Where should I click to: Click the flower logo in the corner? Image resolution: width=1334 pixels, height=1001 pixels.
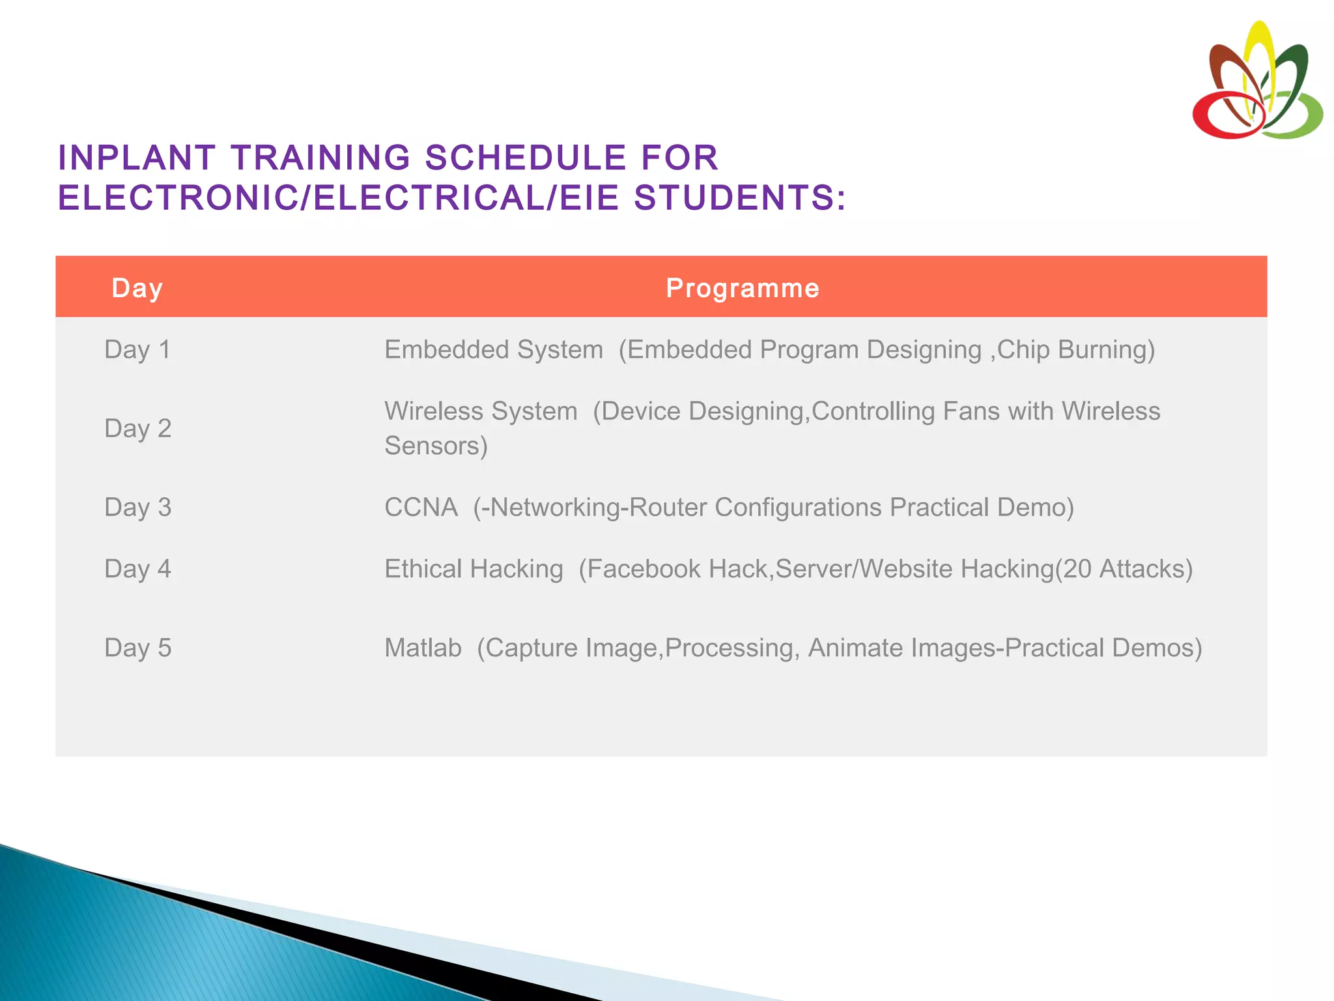pyautogui.click(x=1256, y=81)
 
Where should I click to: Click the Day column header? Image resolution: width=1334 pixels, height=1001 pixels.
pyautogui.click(x=137, y=288)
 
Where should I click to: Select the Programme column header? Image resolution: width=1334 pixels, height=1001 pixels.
pyautogui.click(x=743, y=288)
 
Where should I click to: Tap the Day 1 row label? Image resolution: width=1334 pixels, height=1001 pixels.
pyautogui.click(x=137, y=350)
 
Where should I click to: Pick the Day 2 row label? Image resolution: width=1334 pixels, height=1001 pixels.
pyautogui.click(x=137, y=429)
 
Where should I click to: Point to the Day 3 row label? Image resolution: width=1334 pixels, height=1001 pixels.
pyautogui.click(x=137, y=508)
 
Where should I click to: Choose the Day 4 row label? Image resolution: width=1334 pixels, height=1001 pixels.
pyautogui.click(x=137, y=569)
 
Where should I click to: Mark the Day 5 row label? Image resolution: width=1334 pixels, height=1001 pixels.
pyautogui.click(x=137, y=648)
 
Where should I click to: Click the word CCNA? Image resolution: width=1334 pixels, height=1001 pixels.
pyautogui.click(x=421, y=508)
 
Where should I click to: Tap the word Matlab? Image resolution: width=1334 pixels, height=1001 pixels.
pyautogui.click(x=423, y=648)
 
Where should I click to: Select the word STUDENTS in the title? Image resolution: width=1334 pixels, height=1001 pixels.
pyautogui.click(x=733, y=198)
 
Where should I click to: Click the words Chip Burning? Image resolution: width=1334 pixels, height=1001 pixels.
pyautogui.click(x=1071, y=350)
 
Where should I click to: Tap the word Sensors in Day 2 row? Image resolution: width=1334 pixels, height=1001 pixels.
pyautogui.click(x=432, y=446)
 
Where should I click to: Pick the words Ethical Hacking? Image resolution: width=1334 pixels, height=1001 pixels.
pyautogui.click(x=474, y=569)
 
